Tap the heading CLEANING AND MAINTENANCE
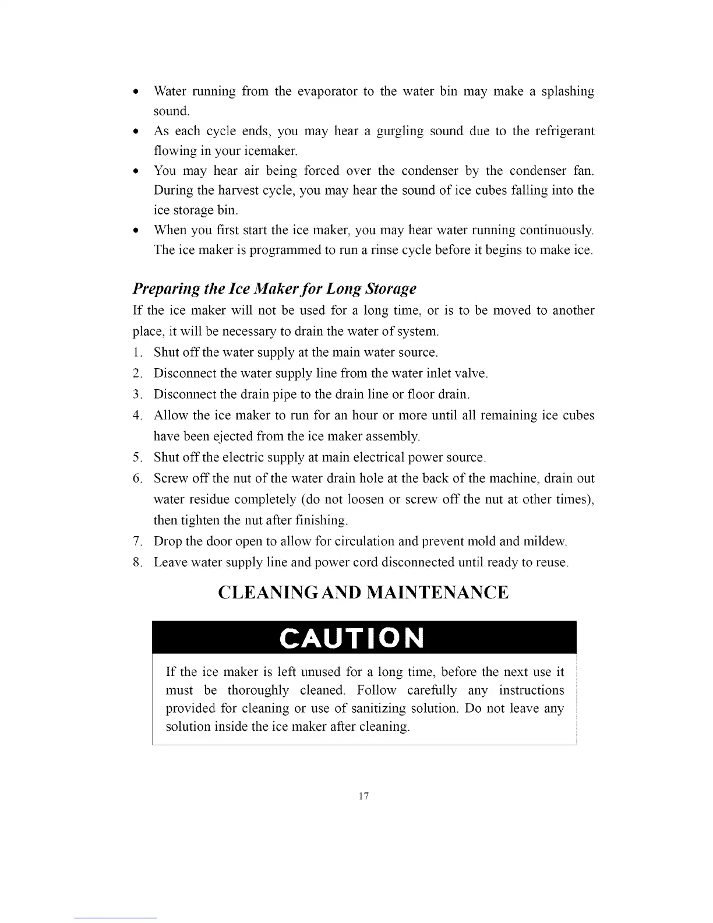(363, 593)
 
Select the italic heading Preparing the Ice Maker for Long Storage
(274, 288)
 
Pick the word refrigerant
(562, 131)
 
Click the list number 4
(137, 415)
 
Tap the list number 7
(137, 541)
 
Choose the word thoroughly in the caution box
(257, 691)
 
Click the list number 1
(137, 353)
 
